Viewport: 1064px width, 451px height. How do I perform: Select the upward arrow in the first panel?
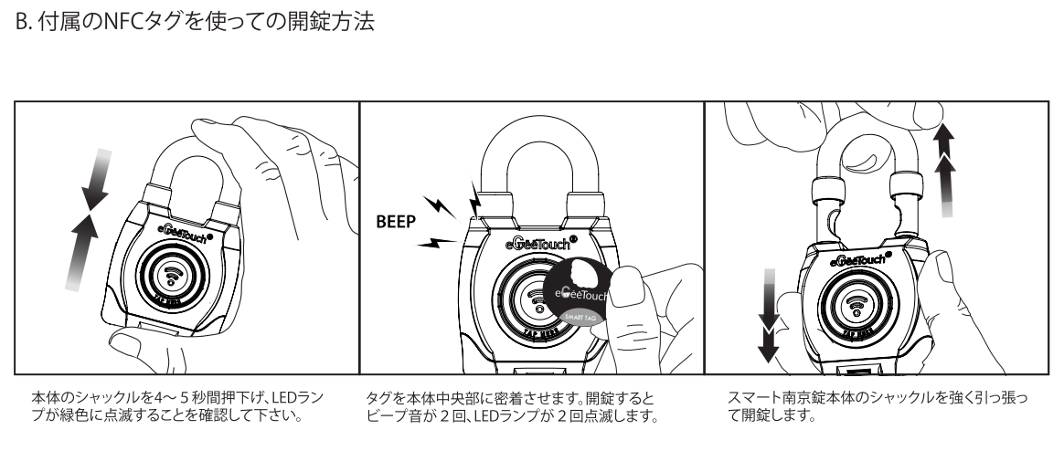80,250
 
